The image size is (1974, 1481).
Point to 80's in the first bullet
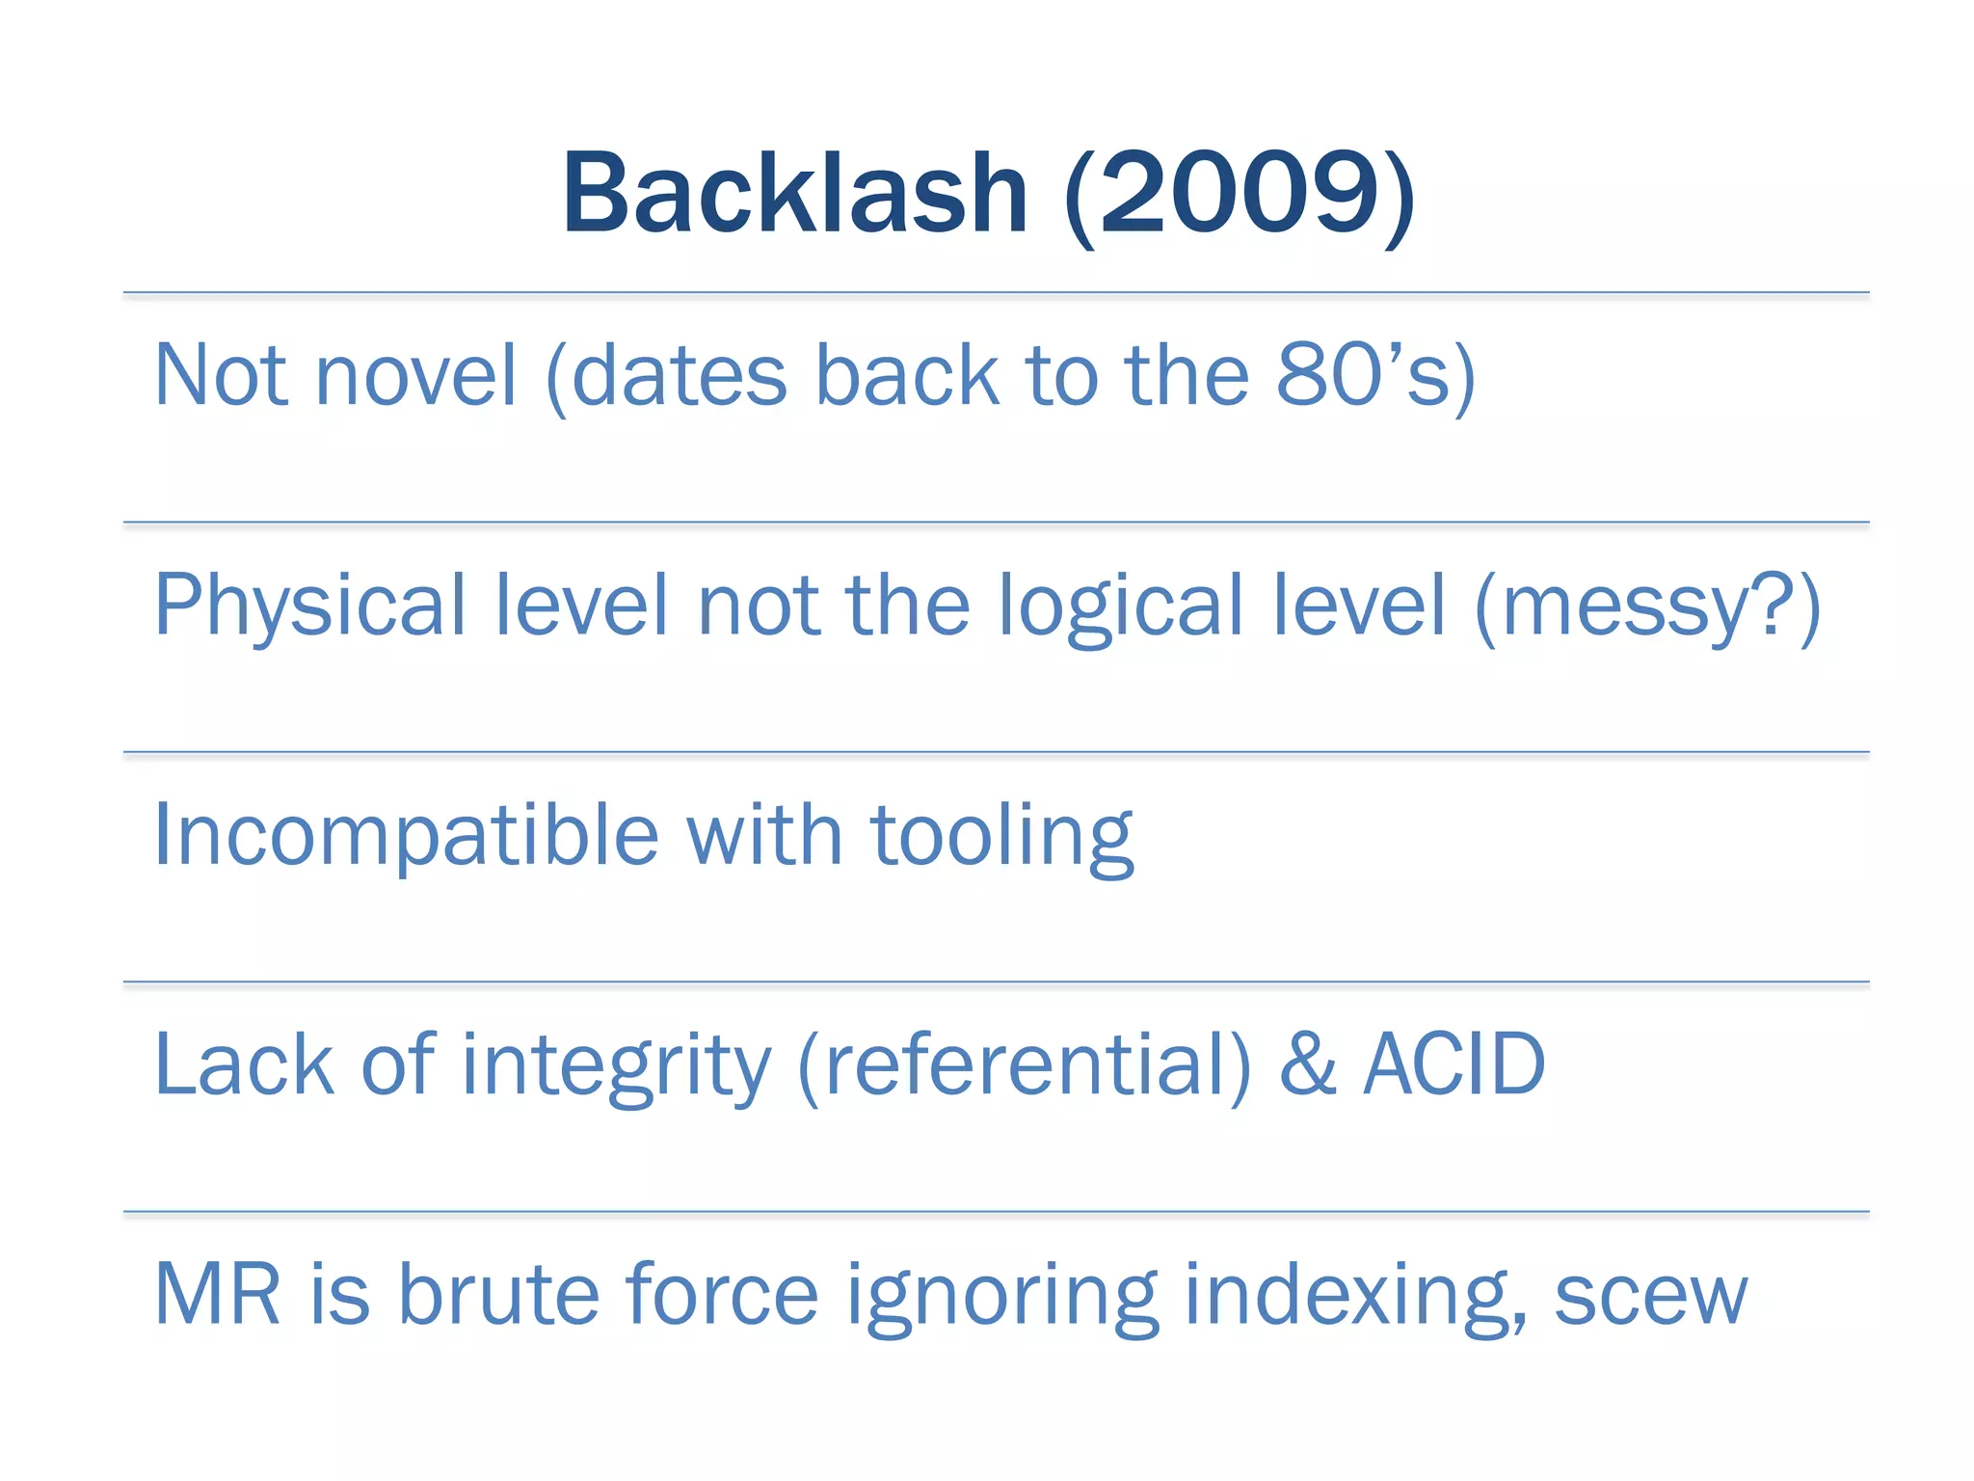point(1365,375)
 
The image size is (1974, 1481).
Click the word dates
point(680,375)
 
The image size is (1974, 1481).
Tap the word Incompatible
point(406,836)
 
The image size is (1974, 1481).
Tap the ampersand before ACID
point(1308,1064)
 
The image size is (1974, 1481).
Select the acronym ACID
point(1454,1064)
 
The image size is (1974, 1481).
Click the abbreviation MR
point(218,1294)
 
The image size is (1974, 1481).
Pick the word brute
point(499,1294)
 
